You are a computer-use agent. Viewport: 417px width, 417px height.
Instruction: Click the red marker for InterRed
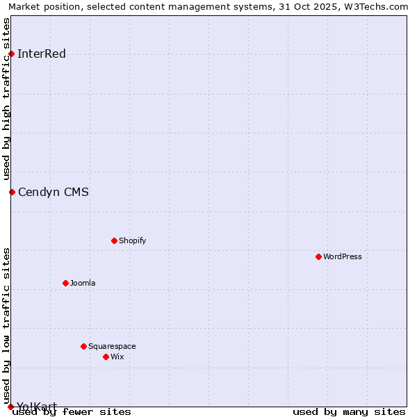tap(12, 54)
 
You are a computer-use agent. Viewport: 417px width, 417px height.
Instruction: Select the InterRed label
tap(41, 54)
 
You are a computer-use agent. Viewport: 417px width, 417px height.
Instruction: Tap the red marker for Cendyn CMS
tap(12, 192)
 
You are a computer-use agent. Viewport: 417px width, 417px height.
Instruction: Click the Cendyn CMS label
tap(53, 193)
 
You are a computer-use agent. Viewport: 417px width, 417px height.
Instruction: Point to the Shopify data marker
tap(115, 240)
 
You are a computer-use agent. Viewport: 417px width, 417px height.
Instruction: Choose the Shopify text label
tap(132, 241)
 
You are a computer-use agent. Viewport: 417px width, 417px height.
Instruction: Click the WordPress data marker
tap(319, 256)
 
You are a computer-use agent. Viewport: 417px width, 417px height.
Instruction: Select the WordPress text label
tap(342, 257)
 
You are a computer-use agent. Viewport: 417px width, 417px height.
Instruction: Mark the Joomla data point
tap(66, 283)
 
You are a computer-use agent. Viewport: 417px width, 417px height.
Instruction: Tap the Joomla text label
tap(83, 284)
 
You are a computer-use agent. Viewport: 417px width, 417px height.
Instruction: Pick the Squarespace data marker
tap(84, 346)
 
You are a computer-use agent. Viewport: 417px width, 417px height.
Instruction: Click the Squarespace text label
tap(112, 347)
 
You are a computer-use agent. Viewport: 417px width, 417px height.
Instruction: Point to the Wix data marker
tap(106, 357)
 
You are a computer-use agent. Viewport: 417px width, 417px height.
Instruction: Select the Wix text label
tap(117, 357)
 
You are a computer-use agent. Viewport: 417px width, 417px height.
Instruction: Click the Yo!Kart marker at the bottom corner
tap(10, 407)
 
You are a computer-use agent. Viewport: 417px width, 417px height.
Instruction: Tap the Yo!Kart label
tap(37, 407)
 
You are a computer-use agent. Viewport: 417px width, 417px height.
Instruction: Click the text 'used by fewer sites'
tap(72, 412)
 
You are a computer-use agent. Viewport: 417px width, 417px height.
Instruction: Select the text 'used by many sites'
tap(349, 412)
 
